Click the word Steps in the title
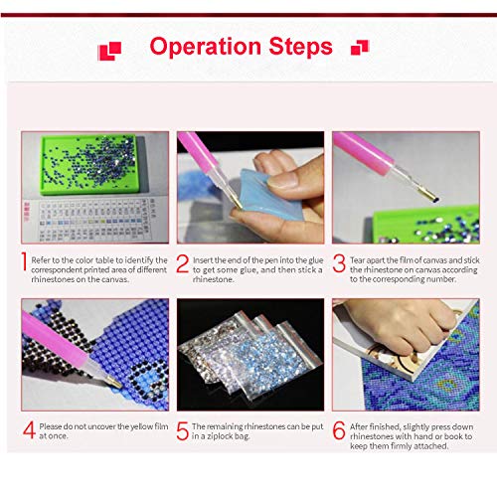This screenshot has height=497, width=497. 300,48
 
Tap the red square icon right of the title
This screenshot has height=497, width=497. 360,47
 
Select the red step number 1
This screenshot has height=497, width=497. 25,262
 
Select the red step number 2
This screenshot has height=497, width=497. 182,262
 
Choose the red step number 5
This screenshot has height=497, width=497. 182,430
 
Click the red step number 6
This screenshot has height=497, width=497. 338,430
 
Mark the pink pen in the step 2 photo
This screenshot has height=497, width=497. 204,159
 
